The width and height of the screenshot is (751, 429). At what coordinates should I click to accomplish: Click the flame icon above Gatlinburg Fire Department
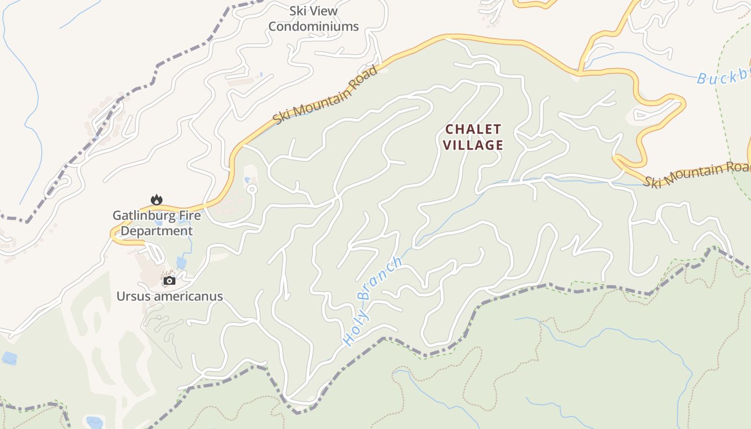click(x=156, y=200)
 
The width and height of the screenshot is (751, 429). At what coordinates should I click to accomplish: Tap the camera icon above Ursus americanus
click(x=170, y=280)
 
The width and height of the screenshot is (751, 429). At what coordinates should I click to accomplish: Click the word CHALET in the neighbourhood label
click(x=473, y=130)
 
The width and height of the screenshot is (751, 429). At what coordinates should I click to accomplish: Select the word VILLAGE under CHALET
click(x=473, y=145)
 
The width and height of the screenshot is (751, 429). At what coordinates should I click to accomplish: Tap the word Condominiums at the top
click(x=313, y=26)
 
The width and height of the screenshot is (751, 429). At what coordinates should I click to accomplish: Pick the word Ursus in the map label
click(x=133, y=297)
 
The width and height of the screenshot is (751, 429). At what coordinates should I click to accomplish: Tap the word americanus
click(x=188, y=297)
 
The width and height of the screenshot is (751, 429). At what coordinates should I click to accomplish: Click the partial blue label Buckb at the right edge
click(x=723, y=77)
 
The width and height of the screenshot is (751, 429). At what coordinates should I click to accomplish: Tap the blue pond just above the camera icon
click(x=181, y=263)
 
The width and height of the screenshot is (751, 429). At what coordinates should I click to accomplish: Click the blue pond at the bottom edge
click(x=94, y=423)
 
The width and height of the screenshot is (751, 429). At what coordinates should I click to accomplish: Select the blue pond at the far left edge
click(x=9, y=358)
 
